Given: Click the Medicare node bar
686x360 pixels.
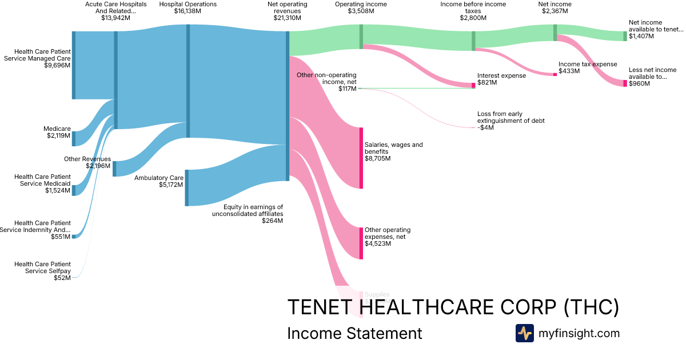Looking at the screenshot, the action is pos(73,138).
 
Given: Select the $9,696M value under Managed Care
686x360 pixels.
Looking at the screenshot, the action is pos(57,65).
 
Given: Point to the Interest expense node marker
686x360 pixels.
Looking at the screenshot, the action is pos(473,85).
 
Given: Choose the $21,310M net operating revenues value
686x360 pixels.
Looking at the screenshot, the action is pos(287,18).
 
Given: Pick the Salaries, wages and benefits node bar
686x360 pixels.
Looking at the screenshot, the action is pos(361,158).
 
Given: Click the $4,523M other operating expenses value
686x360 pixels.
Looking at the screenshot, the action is pos(378,244).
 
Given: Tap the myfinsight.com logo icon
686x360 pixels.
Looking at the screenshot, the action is pos(524,333).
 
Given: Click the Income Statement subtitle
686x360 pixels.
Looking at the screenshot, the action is pos(354,333).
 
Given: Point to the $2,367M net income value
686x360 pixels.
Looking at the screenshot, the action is pos(555,18).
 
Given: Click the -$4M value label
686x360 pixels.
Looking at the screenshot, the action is pos(485,127).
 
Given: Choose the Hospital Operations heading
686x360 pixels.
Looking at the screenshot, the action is pos(188,4).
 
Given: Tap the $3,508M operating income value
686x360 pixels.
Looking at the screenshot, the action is pos(361,18).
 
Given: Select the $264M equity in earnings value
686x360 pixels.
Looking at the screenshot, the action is pos(272,221).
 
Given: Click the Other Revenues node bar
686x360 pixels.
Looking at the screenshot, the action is pos(114,169).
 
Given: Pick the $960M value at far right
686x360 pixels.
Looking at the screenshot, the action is pos(639,83).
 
